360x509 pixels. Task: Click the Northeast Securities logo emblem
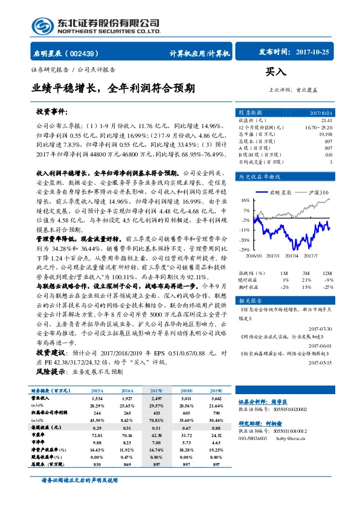coord(42,25)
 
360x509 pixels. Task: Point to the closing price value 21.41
coord(326,120)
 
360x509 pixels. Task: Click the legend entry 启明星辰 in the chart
coord(279,192)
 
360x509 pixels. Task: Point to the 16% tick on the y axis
coord(245,199)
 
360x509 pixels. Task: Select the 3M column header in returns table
coord(307,273)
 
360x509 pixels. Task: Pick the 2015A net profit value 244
coord(97,428)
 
